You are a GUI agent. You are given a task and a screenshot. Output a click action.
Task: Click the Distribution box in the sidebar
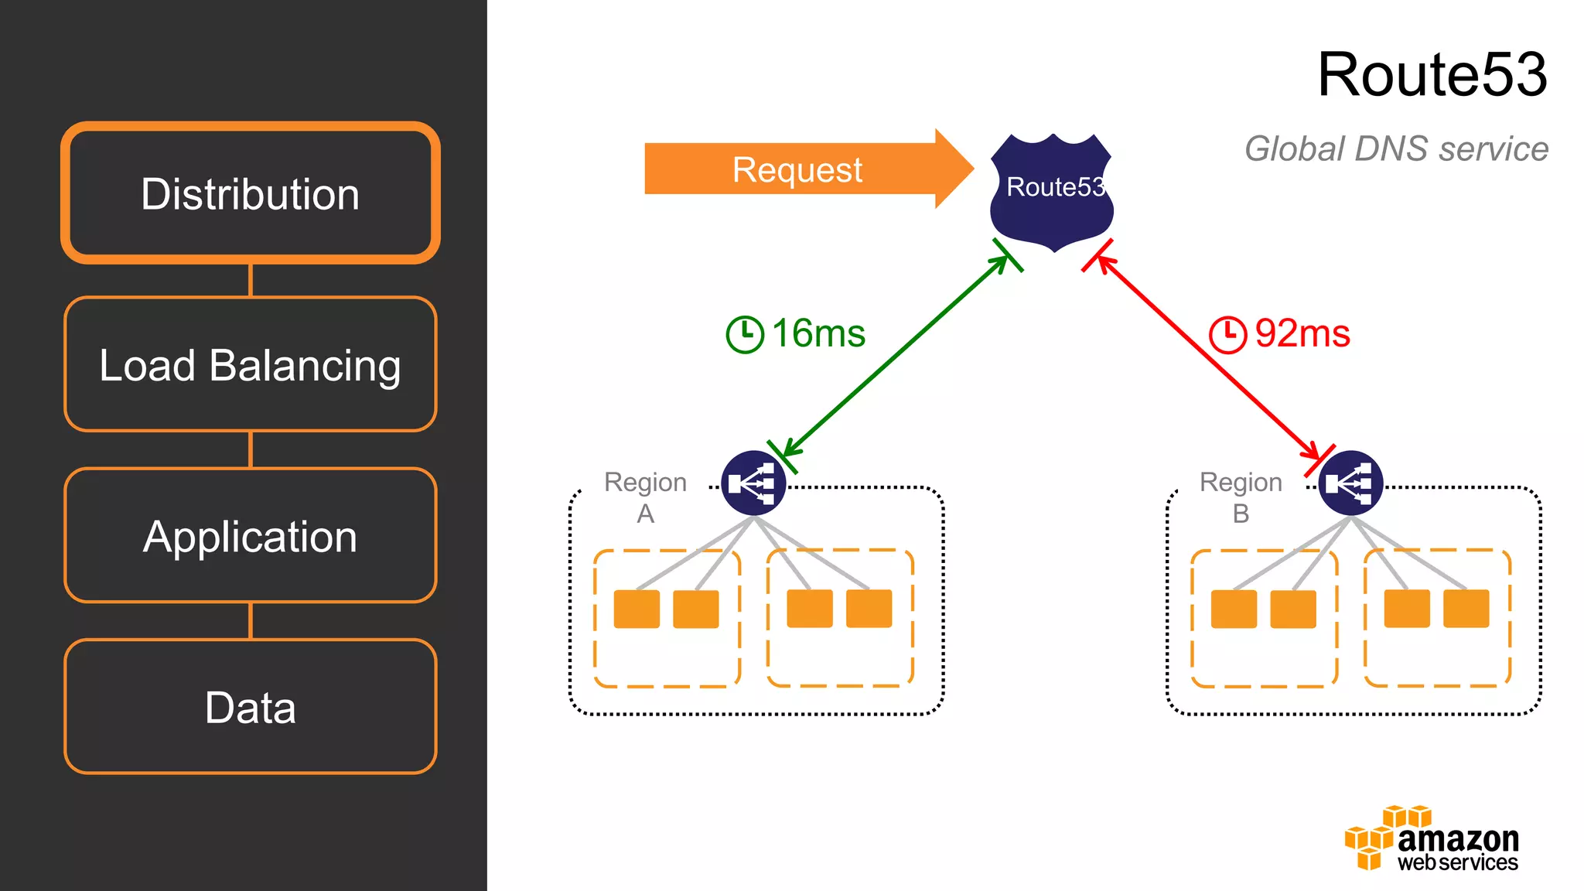[x=251, y=193]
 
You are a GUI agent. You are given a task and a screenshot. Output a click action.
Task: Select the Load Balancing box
[x=251, y=364]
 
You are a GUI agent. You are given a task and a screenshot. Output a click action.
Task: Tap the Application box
[x=251, y=536]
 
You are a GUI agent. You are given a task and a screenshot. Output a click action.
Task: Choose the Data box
[x=251, y=707]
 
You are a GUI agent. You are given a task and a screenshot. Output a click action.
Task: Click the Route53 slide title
[x=1432, y=74]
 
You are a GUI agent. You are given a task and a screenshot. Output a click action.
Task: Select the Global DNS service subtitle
[x=1396, y=148]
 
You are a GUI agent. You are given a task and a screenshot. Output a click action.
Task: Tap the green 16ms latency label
[x=818, y=333]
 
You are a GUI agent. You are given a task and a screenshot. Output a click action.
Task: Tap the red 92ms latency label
[x=1302, y=333]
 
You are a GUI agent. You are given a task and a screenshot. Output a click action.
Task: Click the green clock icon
[x=745, y=334]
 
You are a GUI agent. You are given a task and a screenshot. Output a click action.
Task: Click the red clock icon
[x=1227, y=334]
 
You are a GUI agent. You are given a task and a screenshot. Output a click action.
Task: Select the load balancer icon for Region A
[x=753, y=483]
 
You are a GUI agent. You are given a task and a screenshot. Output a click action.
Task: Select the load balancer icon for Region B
[x=1350, y=483]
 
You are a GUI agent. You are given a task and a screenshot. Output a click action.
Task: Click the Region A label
[x=645, y=497]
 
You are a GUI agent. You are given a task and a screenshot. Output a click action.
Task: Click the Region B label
[x=1241, y=497]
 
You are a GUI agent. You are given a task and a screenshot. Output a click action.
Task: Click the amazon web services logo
[x=1432, y=839]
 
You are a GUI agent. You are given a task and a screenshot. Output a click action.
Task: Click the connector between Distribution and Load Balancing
[x=251, y=280]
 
